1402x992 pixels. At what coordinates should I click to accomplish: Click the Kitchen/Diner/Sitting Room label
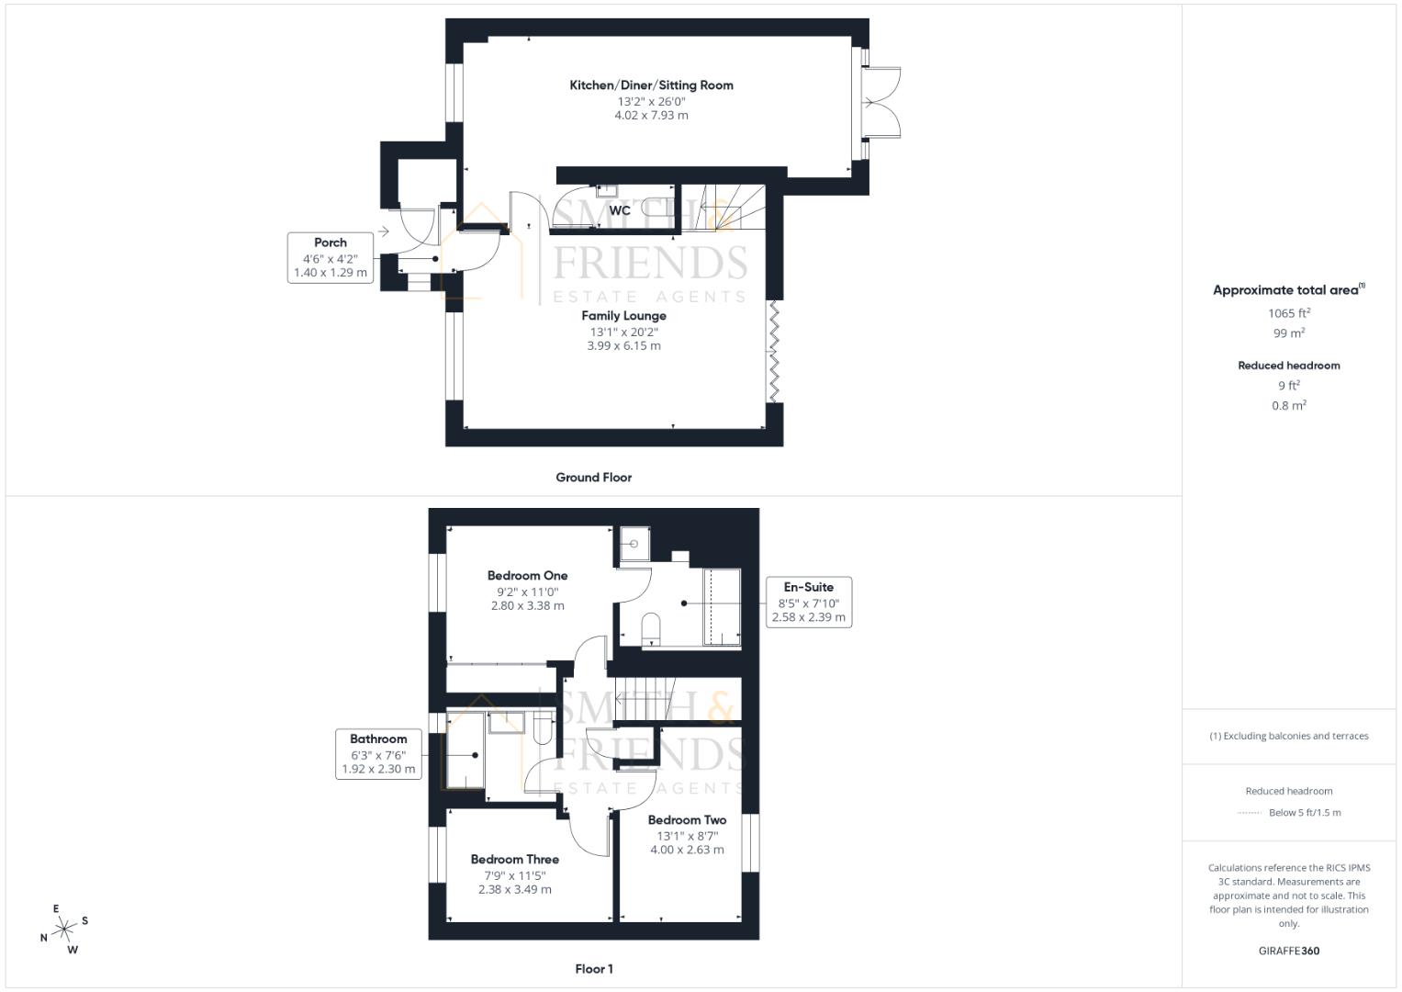coord(651,85)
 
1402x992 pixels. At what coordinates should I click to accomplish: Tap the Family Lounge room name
coord(623,316)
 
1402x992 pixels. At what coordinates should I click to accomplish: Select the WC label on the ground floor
coord(620,210)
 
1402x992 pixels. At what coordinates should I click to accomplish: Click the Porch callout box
coord(331,257)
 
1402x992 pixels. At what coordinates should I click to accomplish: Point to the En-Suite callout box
coord(808,602)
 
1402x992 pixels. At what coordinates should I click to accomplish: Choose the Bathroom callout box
coord(378,753)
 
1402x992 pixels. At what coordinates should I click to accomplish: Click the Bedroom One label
coord(527,576)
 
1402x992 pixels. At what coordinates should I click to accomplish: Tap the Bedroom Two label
coord(687,820)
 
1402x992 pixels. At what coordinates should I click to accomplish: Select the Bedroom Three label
coord(514,860)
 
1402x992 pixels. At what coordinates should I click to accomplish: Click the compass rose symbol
coord(64,930)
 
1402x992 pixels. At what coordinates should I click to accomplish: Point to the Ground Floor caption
coord(593,478)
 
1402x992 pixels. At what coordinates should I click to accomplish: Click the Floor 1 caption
coord(593,969)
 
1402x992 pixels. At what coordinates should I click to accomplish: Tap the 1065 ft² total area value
coord(1288,313)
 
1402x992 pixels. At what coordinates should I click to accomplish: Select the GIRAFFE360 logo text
coord(1288,951)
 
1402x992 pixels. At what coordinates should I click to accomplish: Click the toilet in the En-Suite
coord(651,628)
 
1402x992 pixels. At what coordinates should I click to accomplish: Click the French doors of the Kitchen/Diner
coord(881,102)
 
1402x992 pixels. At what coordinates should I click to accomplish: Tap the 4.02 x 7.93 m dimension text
coord(651,116)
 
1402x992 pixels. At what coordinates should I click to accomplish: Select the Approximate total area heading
coord(1288,290)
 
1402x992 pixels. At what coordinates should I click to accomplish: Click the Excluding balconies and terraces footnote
coord(1288,736)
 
